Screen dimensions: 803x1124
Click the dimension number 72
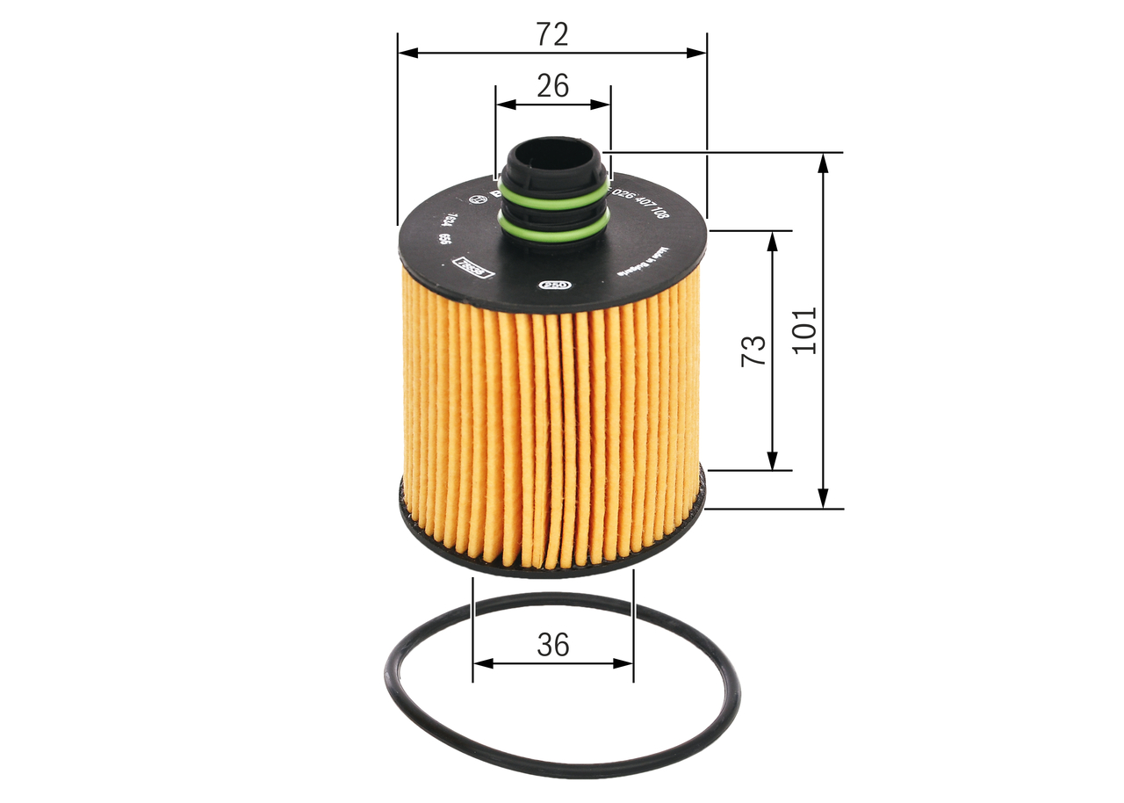(552, 34)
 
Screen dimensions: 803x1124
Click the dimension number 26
(552, 85)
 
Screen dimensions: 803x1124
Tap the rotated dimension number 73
(753, 351)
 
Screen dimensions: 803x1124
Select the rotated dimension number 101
(804, 330)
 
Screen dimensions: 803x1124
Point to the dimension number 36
(552, 645)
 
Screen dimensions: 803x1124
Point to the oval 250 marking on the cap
(553, 285)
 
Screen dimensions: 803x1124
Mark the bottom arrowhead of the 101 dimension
(823, 500)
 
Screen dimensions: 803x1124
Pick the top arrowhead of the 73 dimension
(773, 240)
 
